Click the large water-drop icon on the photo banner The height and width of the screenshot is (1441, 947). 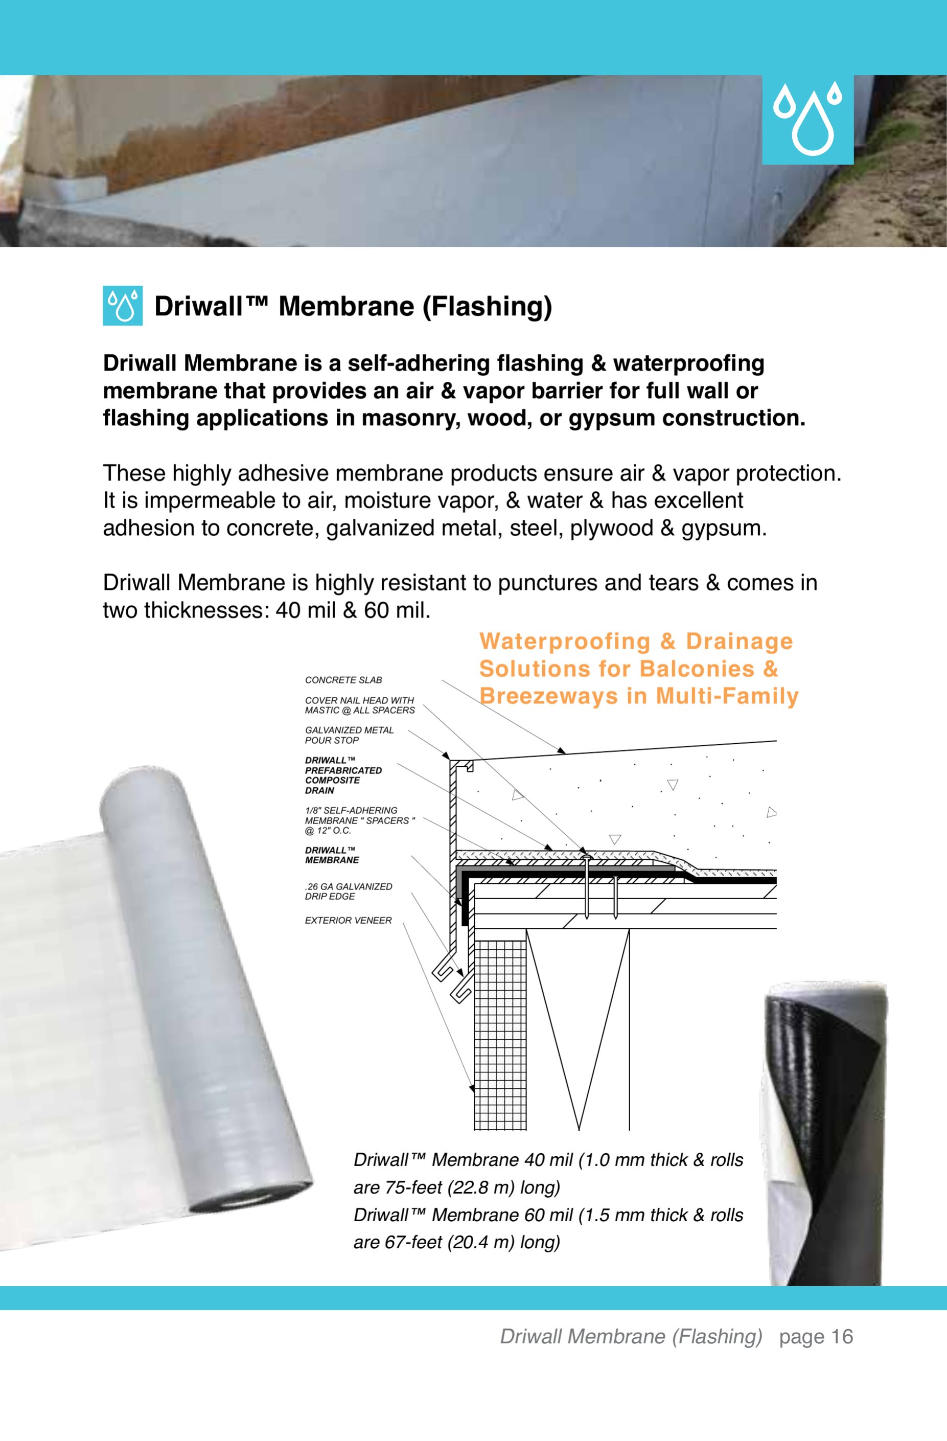click(807, 120)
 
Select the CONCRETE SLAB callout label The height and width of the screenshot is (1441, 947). click(343, 680)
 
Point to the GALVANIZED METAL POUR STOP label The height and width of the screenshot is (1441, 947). click(350, 735)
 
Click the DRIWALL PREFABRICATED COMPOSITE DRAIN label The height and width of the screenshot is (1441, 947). click(343, 775)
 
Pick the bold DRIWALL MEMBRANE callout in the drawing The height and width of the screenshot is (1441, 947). click(332, 855)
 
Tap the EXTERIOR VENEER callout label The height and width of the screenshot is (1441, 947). click(348, 920)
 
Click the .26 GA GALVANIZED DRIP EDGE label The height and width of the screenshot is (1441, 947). click(348, 891)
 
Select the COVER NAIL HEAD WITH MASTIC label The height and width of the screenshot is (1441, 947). click(360, 705)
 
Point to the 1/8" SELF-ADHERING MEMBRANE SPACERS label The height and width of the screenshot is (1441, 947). click(360, 820)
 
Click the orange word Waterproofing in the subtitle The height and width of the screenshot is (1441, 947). click(564, 641)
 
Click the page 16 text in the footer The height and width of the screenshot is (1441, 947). click(816, 1336)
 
